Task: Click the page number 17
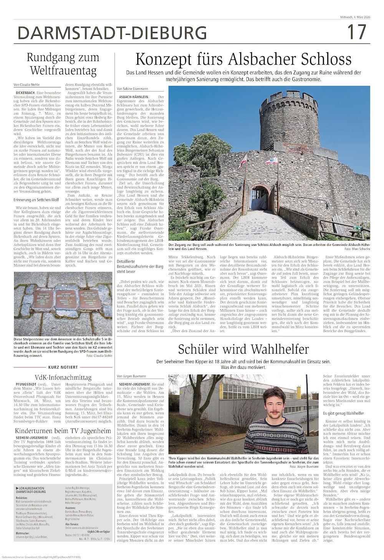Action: pos(357,32)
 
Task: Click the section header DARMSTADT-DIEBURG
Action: pos(112,33)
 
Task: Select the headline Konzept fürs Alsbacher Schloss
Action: pos(243,60)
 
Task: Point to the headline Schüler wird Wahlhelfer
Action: pos(243,349)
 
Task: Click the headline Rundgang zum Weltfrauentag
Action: pos(63,64)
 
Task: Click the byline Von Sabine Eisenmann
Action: pos(132,89)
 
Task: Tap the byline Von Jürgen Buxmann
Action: pos(132,376)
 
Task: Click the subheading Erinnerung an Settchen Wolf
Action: pos(36,200)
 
